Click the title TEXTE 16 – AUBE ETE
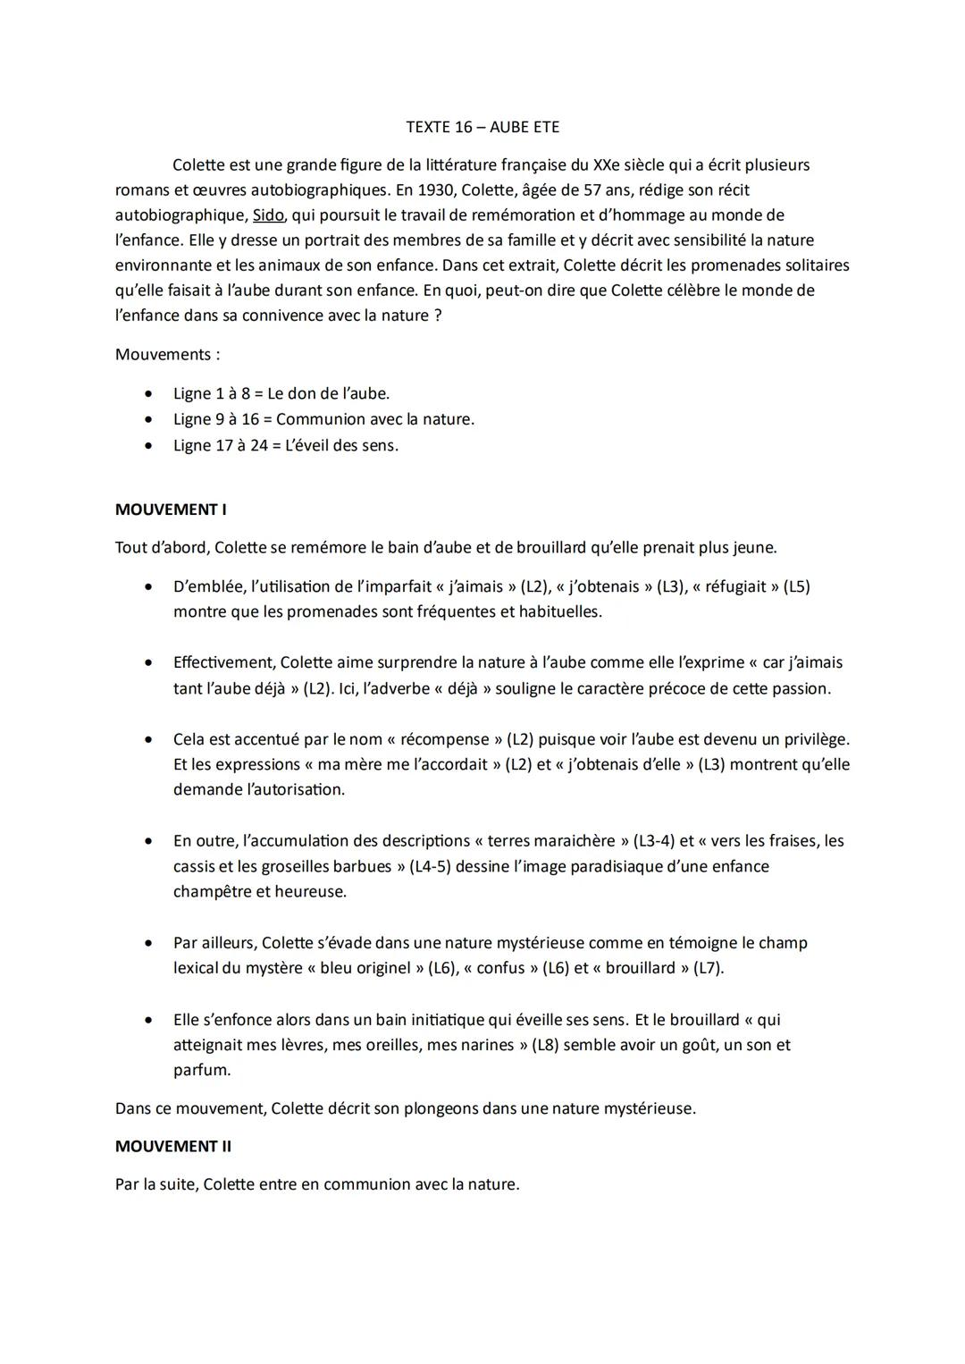[482, 127]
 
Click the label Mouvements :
[167, 355]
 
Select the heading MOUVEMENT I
[171, 509]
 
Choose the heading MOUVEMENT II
[173, 1146]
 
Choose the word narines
[484, 1045]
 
